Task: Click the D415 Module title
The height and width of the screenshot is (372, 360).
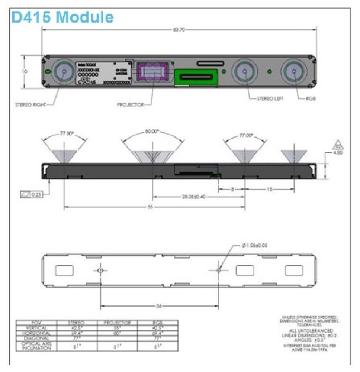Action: pos(62,17)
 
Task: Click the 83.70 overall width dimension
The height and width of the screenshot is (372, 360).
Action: pos(179,30)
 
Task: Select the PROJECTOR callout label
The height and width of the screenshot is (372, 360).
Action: pos(130,105)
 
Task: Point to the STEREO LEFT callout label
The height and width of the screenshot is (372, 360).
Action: pos(270,98)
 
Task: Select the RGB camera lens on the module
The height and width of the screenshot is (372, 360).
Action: pos(294,71)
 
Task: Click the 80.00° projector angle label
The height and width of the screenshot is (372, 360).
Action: pos(152,132)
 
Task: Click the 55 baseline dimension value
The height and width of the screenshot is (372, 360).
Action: pos(150,207)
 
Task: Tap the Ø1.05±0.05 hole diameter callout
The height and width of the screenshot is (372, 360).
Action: pos(255,245)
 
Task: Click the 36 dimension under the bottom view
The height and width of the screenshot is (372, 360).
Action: pos(159,306)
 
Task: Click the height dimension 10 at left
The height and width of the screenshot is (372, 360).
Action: pos(25,72)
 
